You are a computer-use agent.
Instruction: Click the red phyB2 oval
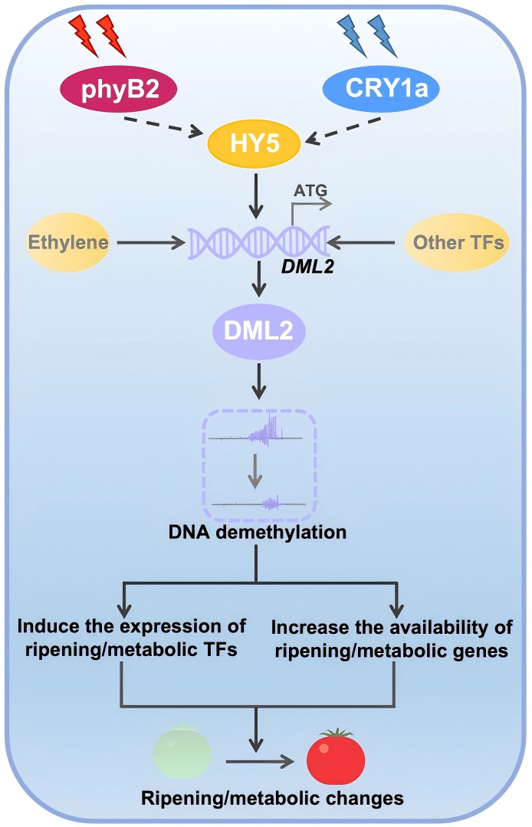pos(119,92)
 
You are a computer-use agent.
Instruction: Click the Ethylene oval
pos(68,243)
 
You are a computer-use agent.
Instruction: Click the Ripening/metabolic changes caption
pos(272,799)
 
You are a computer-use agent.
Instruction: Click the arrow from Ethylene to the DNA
pos(150,244)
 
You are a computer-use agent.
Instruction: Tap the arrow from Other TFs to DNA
pos(365,244)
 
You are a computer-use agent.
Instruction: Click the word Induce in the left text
pos(44,625)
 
